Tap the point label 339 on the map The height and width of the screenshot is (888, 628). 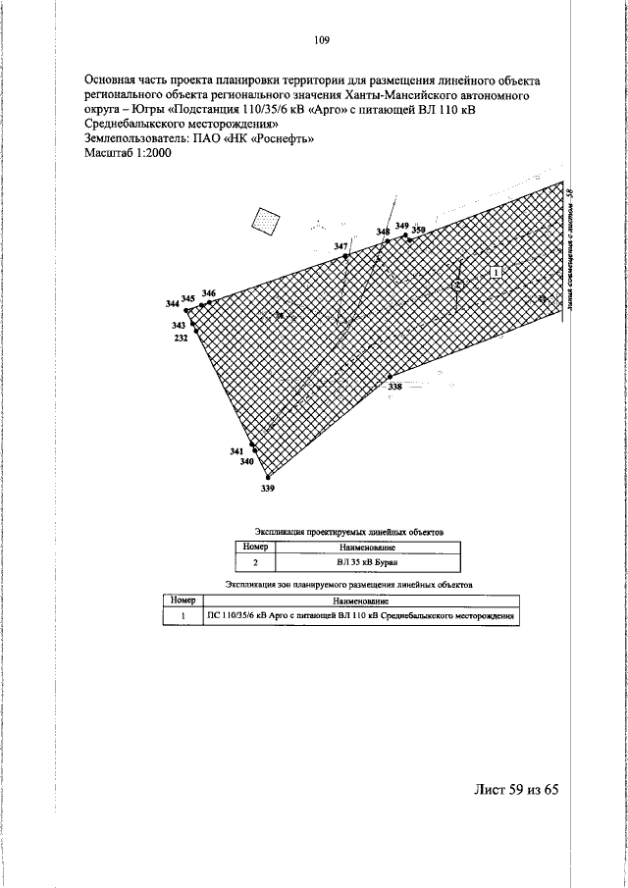268,488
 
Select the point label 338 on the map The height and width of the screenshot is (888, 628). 394,389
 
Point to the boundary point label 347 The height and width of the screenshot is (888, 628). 340,245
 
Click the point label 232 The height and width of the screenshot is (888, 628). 181,338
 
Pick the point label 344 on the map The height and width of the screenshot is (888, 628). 173,303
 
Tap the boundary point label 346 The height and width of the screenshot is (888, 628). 208,293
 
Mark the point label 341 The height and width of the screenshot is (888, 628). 236,451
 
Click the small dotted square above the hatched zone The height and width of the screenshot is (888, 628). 265,221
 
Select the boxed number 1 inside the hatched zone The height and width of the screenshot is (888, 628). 497,271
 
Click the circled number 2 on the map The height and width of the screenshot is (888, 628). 457,285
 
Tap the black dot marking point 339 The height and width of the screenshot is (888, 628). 268,478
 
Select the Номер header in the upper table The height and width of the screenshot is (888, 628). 255,546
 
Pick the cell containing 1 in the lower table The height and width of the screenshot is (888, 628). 183,616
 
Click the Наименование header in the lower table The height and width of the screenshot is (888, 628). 360,600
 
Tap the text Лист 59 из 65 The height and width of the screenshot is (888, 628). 516,791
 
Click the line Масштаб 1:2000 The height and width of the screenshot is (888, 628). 129,154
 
